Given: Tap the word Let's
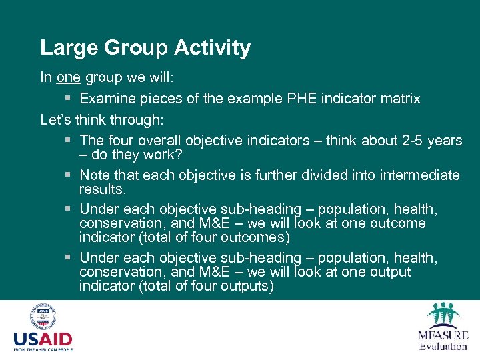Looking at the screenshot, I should [x=56, y=120].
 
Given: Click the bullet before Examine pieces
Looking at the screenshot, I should [x=69, y=99].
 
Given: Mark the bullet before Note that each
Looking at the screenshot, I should [x=69, y=175].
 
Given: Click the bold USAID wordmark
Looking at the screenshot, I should [x=43, y=339].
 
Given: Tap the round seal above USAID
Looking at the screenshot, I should [x=43, y=317].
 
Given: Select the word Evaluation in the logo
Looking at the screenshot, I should [x=443, y=346].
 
